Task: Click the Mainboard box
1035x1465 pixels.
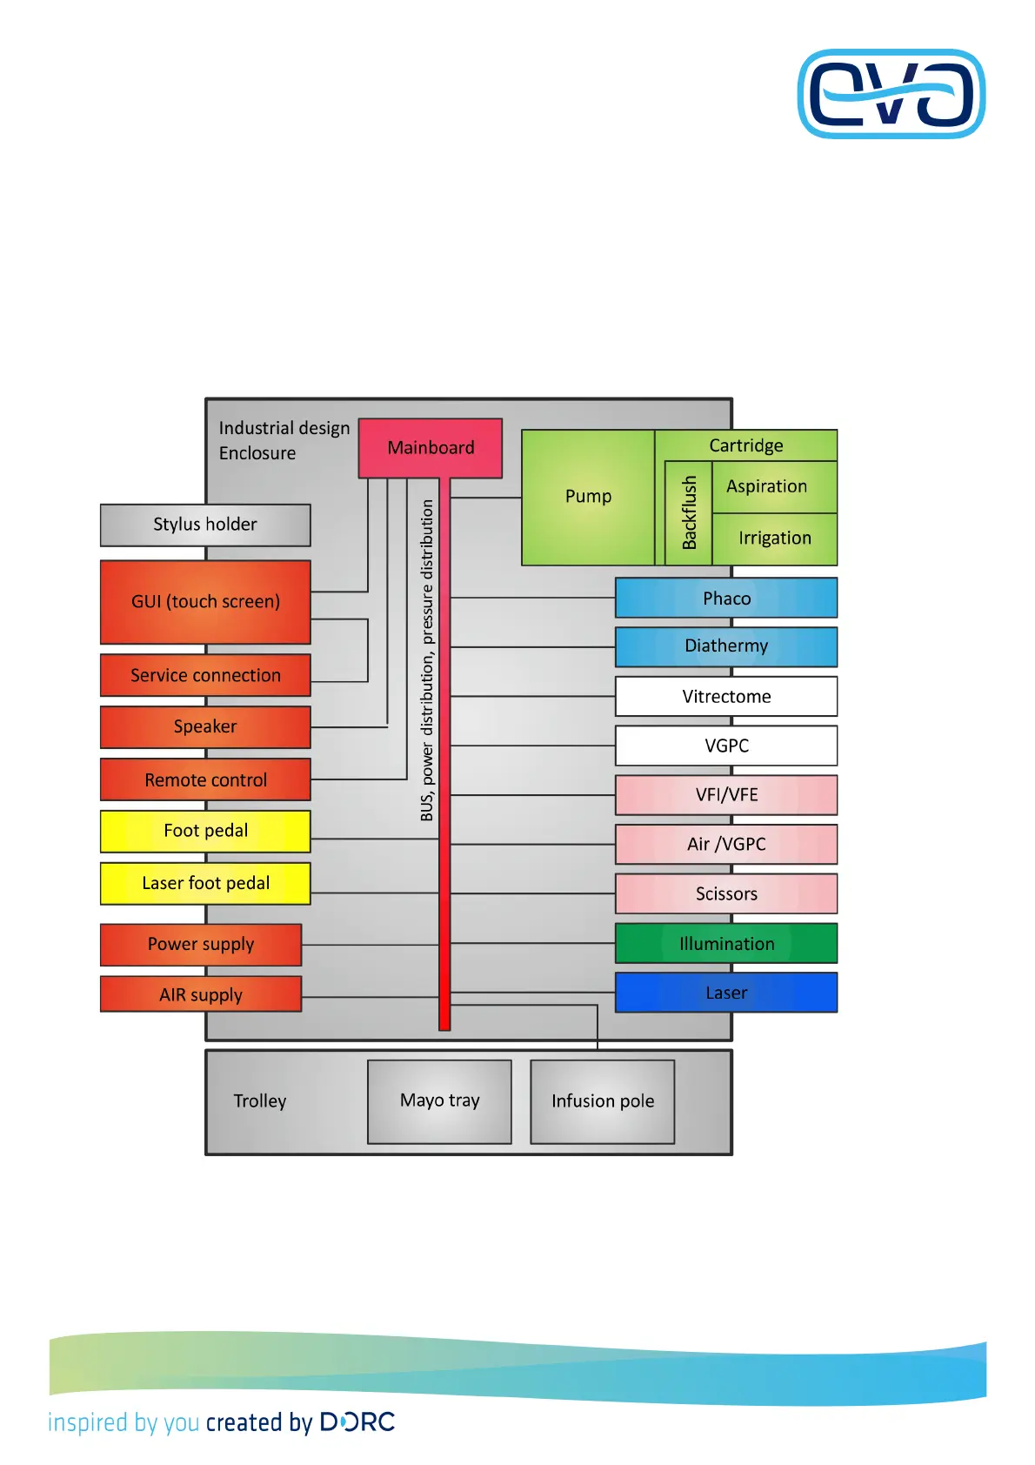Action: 431,448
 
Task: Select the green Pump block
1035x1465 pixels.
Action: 588,497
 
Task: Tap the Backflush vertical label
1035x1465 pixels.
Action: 689,513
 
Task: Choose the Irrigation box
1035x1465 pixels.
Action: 774,539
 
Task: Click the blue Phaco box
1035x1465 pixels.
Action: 726,599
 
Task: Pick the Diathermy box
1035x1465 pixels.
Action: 726,646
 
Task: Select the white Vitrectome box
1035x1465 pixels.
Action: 726,697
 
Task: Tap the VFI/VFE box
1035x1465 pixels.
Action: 726,795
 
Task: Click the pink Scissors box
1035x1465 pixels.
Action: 726,893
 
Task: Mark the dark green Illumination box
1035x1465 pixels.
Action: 726,944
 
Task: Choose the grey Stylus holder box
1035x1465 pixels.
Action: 205,525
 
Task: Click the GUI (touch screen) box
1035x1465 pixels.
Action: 205,602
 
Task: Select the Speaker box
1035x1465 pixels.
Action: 205,727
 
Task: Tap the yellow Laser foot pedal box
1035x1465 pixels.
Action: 205,884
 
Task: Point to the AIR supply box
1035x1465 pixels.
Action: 201,994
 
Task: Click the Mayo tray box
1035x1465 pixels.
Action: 439,1101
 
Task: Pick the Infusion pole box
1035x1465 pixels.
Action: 602,1101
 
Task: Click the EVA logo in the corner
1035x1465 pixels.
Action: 891,94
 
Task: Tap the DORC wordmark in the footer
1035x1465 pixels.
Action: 357,1422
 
